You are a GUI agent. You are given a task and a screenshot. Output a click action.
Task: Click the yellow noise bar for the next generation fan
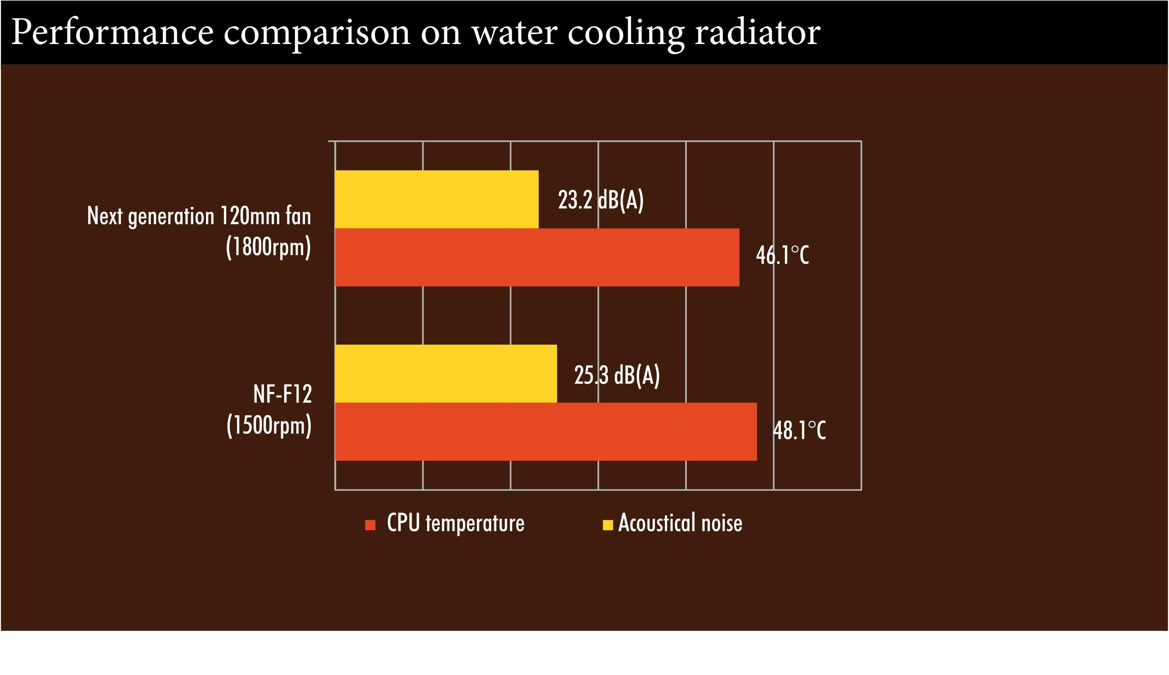tap(436, 199)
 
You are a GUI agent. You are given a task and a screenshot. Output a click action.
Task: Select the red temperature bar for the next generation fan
tap(537, 257)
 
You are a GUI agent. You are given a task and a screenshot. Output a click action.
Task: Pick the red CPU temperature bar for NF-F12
tap(545, 432)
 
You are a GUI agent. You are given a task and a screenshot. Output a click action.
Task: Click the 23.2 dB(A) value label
tap(601, 200)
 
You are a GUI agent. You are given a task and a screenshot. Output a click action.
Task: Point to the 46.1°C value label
tap(782, 255)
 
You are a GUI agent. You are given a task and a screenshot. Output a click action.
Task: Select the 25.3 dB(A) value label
tap(617, 375)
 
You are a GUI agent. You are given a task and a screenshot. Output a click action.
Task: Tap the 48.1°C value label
tap(799, 430)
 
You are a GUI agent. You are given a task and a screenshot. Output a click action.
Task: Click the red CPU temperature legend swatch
tap(370, 525)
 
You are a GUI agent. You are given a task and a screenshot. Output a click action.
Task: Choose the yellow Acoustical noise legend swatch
tap(607, 525)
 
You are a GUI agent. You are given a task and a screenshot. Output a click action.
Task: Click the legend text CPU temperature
tap(455, 523)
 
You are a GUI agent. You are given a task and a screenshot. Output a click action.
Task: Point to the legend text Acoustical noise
tap(680, 523)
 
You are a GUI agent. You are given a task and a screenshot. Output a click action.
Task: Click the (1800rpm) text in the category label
tap(268, 247)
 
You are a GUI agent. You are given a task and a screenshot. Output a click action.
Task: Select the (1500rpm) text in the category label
tap(269, 425)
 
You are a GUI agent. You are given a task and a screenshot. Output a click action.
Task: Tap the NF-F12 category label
tap(282, 394)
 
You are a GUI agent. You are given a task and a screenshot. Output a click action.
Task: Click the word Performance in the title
tap(112, 33)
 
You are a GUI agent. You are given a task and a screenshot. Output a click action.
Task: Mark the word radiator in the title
tap(757, 33)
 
